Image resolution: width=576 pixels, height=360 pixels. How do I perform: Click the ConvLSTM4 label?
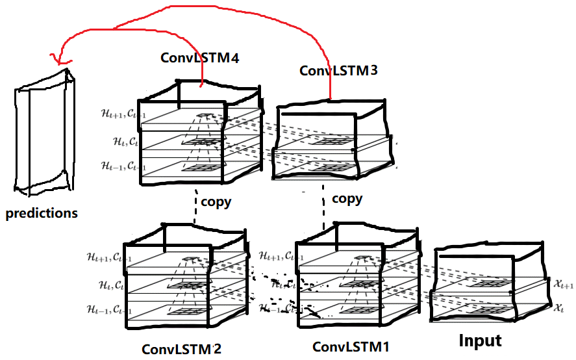click(200, 58)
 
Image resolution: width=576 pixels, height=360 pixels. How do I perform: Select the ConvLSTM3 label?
click(338, 70)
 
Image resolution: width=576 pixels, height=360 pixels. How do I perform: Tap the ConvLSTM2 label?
click(181, 348)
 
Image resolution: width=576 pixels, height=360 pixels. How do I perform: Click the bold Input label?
click(480, 341)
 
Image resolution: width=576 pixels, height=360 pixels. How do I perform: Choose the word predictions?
click(42, 213)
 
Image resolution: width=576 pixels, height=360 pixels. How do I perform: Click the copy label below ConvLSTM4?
click(216, 201)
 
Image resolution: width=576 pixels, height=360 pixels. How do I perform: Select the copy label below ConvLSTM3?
click(347, 198)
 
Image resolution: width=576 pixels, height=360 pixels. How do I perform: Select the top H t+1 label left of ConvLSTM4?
click(117, 113)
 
